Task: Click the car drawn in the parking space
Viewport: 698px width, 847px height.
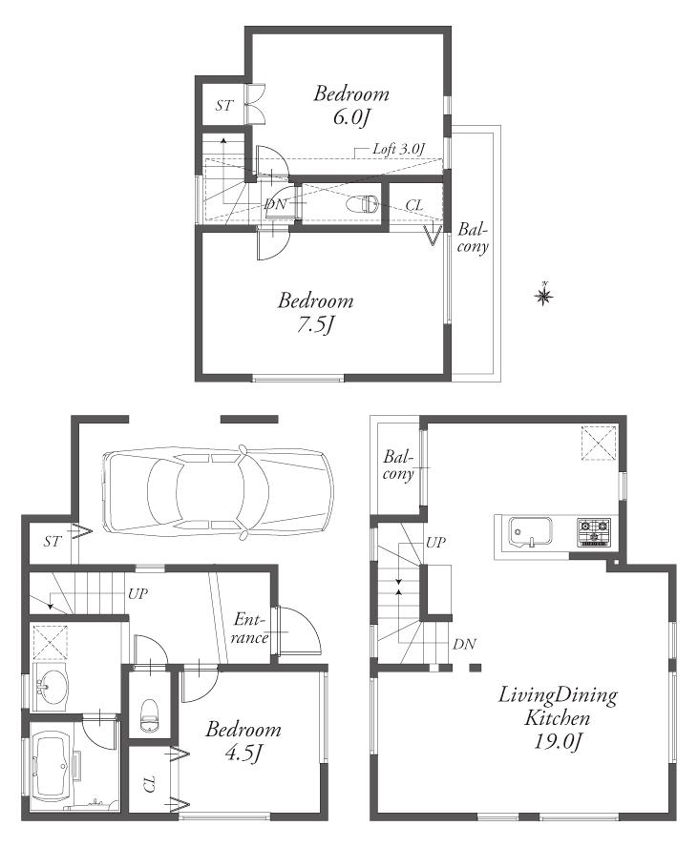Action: [219, 491]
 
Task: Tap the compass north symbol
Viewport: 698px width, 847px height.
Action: [543, 297]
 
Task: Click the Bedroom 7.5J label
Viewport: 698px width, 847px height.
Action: [315, 312]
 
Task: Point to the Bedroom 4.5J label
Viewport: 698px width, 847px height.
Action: [243, 741]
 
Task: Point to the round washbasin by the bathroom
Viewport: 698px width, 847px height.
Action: [50, 686]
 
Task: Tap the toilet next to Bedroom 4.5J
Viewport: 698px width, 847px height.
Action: [149, 713]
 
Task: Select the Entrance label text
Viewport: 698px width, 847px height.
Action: [249, 629]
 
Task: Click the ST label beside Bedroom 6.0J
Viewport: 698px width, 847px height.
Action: [222, 106]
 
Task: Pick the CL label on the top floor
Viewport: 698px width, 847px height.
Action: [414, 205]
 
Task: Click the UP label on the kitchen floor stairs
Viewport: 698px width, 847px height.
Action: [435, 542]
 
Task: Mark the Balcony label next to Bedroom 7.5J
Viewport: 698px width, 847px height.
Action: [473, 238]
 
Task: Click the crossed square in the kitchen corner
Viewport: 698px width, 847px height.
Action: [598, 443]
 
